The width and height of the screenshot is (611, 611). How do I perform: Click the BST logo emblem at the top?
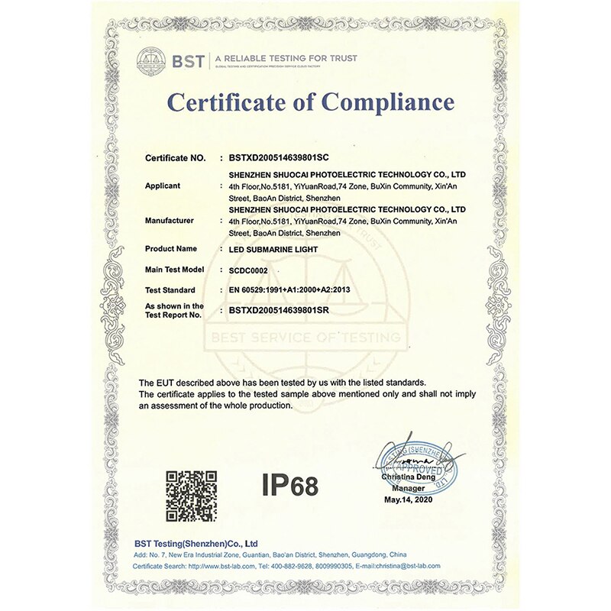point(151,60)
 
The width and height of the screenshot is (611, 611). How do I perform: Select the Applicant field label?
point(162,186)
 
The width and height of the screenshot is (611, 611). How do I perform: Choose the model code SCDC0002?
point(250,270)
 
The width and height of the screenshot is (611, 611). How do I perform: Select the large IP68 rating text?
point(289,485)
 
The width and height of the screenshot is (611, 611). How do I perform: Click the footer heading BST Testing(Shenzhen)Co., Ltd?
point(195,542)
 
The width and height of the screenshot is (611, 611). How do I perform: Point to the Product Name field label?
point(170,249)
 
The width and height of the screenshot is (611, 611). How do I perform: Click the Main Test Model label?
point(175,270)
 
